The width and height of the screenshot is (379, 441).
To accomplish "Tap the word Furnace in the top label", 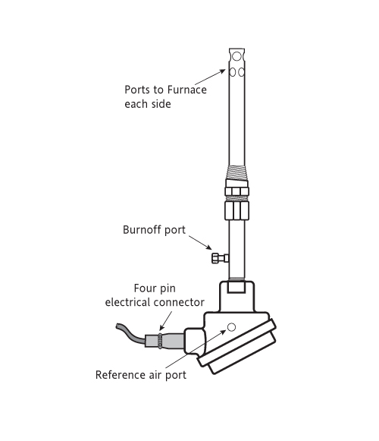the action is point(186,90).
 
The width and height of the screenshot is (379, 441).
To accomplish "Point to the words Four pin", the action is point(155,288).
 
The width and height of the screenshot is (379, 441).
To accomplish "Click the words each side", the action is point(148,104).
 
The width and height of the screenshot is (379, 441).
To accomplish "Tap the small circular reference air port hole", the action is point(231,327).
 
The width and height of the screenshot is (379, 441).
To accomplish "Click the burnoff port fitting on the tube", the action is point(221,258).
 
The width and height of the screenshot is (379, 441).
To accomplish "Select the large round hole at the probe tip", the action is point(236,56).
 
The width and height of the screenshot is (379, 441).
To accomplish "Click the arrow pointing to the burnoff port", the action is point(200,243).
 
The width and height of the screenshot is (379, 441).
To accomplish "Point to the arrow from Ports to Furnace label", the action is point(210,77).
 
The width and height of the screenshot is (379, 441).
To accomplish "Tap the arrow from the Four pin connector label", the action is point(165,320).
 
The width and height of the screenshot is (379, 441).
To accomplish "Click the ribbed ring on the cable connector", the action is point(160,341).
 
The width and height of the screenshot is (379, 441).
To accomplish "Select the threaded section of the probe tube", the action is point(236,172).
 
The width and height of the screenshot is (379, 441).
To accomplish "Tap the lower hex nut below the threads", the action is point(236,209).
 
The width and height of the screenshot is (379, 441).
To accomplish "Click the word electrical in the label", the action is point(128,302).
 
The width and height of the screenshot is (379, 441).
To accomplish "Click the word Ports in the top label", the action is point(137,90).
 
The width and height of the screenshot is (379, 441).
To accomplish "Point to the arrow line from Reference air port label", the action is point(196,349).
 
